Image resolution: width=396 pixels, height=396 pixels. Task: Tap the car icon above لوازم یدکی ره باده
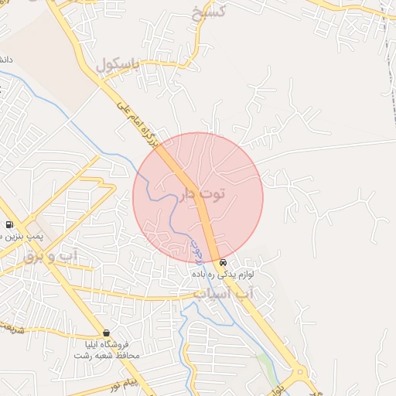(223, 262)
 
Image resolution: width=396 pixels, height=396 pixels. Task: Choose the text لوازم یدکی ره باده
(223, 274)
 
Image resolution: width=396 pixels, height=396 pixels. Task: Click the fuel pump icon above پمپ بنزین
(9, 225)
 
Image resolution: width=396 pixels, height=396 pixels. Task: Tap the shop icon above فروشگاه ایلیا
(106, 333)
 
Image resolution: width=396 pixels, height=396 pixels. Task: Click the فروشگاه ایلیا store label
(106, 343)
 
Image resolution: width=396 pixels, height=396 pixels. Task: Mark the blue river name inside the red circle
(196, 246)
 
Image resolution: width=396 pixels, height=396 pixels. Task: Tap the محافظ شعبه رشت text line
(106, 355)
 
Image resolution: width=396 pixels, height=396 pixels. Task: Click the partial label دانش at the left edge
(5, 60)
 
